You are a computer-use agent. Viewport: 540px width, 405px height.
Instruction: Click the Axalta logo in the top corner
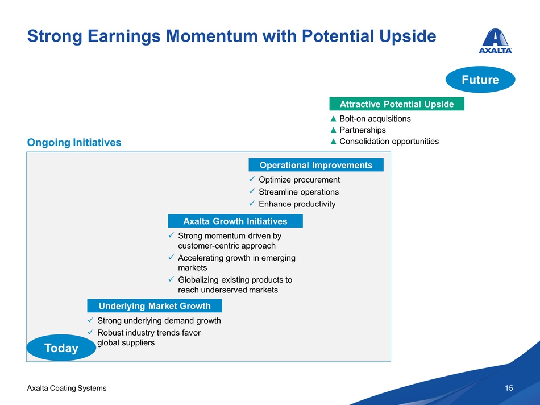pos(495,41)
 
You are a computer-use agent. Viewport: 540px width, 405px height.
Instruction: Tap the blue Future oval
pos(480,80)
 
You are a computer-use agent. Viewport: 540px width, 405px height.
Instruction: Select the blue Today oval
pos(61,348)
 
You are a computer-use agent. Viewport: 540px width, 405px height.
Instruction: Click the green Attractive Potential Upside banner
pos(397,104)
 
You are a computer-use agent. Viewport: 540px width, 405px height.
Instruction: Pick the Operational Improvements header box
pos(316,165)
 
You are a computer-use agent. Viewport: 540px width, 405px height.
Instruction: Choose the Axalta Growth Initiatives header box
pos(235,221)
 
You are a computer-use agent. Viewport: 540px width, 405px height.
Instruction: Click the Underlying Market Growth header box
pos(155,305)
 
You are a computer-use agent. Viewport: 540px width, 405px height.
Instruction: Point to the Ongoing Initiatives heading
pos(74,142)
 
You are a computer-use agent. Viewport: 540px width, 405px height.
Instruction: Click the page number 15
pos(509,388)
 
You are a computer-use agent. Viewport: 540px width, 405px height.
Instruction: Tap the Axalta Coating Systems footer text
pos(67,388)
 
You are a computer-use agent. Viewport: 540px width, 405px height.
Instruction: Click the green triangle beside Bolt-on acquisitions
pos(333,119)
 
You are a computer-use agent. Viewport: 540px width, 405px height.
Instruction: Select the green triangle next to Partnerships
pos(333,130)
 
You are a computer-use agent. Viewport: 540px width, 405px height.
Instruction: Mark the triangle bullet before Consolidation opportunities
pos(333,141)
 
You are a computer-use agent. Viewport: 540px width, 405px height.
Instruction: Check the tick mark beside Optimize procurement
pos(252,179)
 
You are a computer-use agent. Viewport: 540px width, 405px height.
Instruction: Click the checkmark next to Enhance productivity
pos(252,204)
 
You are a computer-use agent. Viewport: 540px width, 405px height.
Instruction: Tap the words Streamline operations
pos(298,192)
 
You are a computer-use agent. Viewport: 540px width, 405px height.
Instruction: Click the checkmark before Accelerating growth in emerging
pos(171,257)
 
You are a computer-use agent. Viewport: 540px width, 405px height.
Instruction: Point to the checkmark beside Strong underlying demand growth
pos(90,320)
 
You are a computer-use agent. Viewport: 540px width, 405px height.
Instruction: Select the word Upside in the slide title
pos(408,36)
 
